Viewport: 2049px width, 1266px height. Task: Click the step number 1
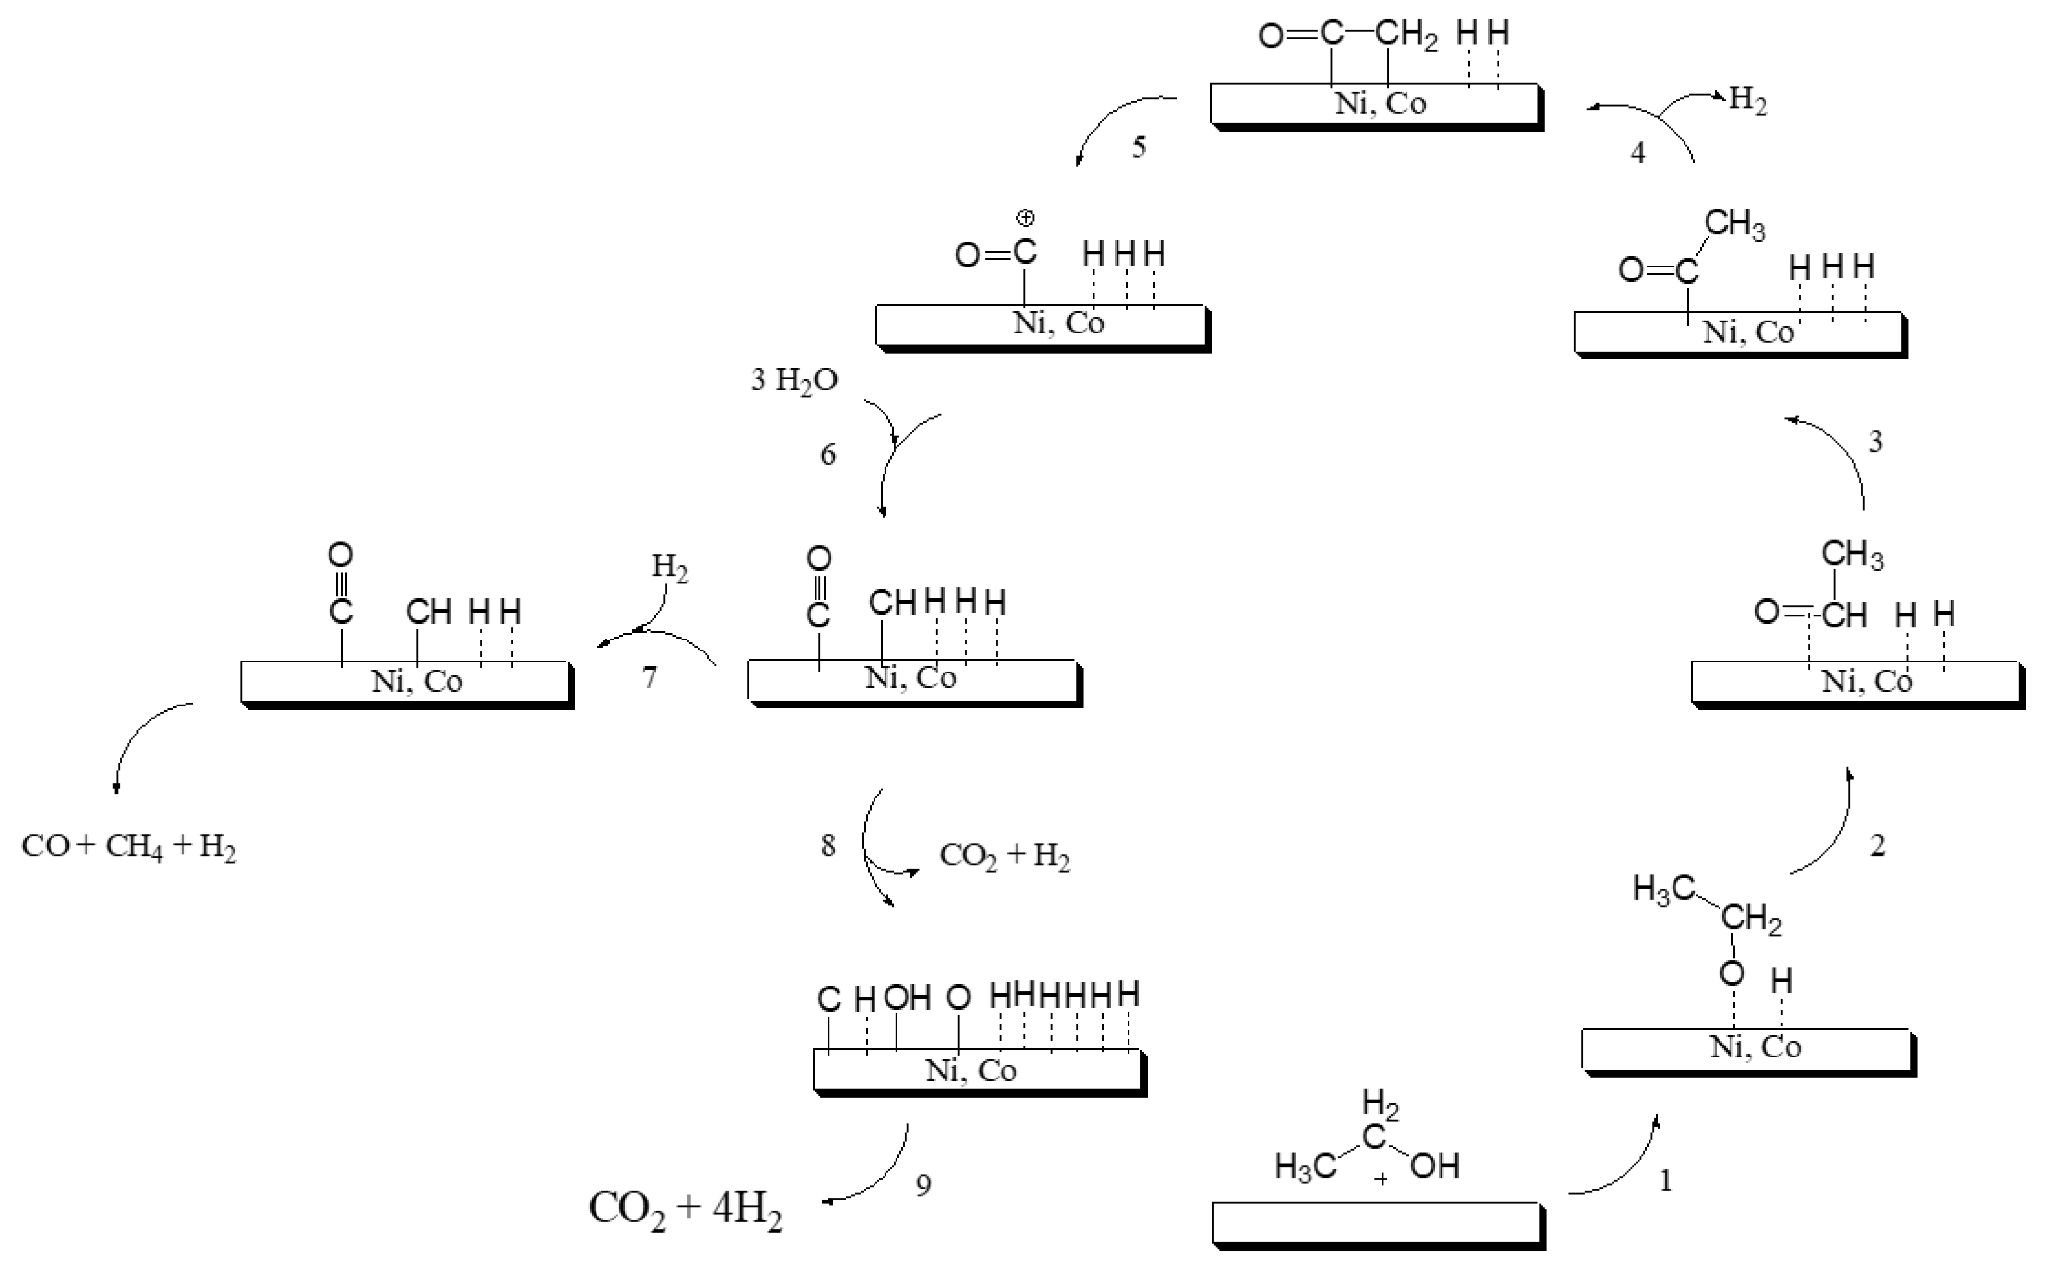1665,1181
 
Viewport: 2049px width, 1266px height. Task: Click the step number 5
1139,148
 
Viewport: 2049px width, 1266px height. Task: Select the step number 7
649,677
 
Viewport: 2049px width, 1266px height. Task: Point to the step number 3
1875,441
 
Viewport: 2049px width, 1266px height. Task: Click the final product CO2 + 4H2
685,1209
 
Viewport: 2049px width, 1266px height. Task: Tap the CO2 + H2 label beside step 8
1004,855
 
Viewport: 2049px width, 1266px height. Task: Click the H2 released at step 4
1748,100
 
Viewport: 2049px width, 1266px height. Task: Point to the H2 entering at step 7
669,569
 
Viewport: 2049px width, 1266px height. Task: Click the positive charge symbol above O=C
1025,218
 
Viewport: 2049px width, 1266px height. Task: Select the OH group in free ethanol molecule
1435,1166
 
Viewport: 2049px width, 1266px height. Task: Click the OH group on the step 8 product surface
907,997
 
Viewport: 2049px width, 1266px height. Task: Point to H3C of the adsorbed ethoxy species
1663,889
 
